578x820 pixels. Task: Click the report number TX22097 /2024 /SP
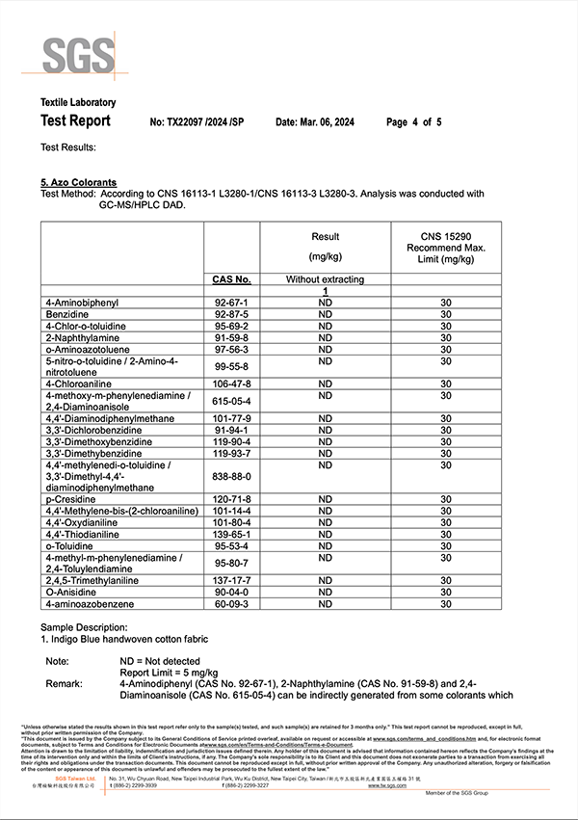point(198,122)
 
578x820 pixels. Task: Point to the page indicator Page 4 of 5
point(413,122)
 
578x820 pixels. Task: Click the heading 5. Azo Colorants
point(78,182)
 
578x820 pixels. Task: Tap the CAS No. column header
point(231,279)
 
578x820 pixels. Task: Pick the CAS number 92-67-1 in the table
point(231,303)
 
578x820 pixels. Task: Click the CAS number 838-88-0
point(231,476)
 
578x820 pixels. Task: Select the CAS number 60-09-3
point(231,604)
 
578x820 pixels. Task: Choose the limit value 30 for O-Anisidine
point(445,593)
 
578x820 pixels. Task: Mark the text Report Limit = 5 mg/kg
point(170,672)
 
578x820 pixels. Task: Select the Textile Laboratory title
point(78,102)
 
